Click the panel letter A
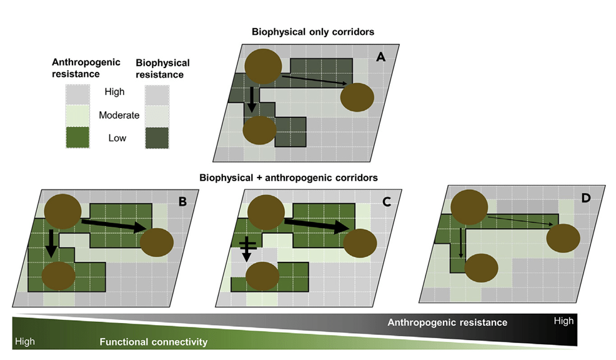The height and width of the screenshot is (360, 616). click(380, 57)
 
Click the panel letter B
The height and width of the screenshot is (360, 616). click(182, 201)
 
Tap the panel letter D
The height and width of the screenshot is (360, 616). click(585, 199)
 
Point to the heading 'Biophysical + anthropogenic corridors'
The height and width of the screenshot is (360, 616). click(289, 177)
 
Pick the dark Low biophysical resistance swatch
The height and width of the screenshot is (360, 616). click(157, 137)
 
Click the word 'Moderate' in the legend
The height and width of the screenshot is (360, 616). click(119, 115)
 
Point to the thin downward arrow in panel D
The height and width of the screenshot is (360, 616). click(461, 243)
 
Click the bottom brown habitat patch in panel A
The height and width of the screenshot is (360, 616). click(259, 131)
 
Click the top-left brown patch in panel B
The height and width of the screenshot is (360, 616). click(61, 211)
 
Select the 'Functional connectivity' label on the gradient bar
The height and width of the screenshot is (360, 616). click(153, 342)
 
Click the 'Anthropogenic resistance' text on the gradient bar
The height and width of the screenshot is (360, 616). click(447, 322)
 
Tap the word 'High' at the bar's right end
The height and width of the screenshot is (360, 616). click(563, 321)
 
